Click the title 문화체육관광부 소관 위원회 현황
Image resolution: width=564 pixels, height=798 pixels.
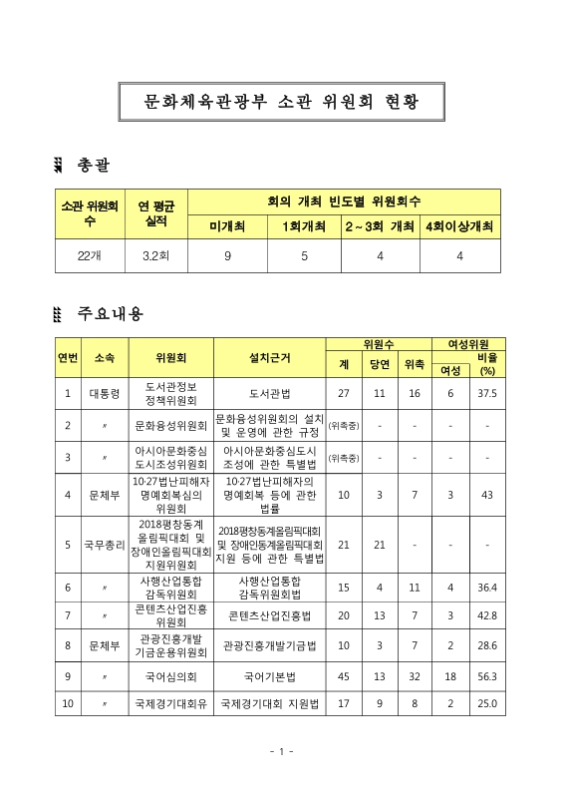point(281,102)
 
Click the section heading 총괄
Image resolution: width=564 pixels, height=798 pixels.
point(100,164)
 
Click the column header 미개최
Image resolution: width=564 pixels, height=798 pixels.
point(227,226)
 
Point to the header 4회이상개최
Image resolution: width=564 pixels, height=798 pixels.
point(460,226)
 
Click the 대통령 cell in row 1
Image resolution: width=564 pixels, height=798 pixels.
point(105,394)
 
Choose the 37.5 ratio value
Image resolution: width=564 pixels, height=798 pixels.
point(487,394)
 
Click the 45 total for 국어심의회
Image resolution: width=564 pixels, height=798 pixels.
point(344,674)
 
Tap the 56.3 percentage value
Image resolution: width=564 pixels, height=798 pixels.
point(487,674)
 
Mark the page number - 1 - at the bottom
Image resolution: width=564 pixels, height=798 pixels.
point(281,751)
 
